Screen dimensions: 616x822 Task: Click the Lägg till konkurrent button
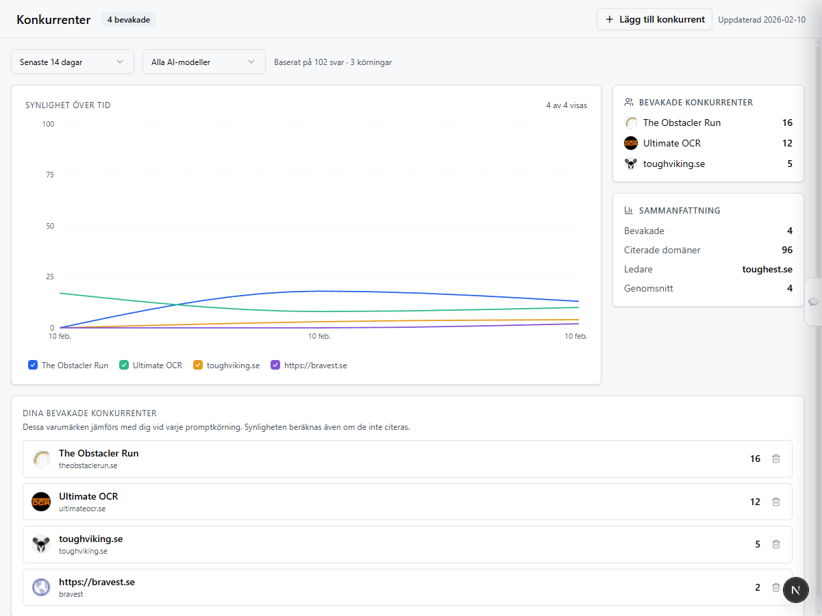click(x=654, y=19)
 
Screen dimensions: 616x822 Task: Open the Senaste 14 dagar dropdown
click(x=72, y=62)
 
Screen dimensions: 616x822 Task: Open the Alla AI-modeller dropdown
click(x=203, y=62)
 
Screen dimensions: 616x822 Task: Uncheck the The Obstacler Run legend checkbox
click(x=33, y=365)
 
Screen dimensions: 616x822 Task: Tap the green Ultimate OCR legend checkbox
click(x=124, y=365)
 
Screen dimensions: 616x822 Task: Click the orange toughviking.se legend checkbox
click(x=198, y=365)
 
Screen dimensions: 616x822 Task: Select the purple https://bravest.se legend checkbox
click(x=275, y=365)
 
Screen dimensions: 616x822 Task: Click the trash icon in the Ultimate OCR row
click(x=776, y=502)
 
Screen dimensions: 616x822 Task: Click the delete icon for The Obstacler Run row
click(x=776, y=459)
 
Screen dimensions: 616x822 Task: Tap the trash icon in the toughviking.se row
click(x=776, y=544)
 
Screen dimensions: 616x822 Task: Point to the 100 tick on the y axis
click(x=48, y=124)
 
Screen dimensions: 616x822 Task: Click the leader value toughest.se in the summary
click(x=767, y=269)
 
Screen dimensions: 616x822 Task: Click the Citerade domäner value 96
click(x=786, y=250)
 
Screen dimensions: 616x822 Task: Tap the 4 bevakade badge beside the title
click(x=129, y=20)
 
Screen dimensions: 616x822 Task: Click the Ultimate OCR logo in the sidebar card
click(x=631, y=143)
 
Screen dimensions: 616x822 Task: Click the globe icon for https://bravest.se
click(x=41, y=587)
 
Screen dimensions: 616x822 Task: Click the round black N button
click(x=795, y=589)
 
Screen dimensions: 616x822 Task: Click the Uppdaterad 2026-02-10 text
click(x=761, y=20)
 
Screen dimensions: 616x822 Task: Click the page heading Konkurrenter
click(x=53, y=20)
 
